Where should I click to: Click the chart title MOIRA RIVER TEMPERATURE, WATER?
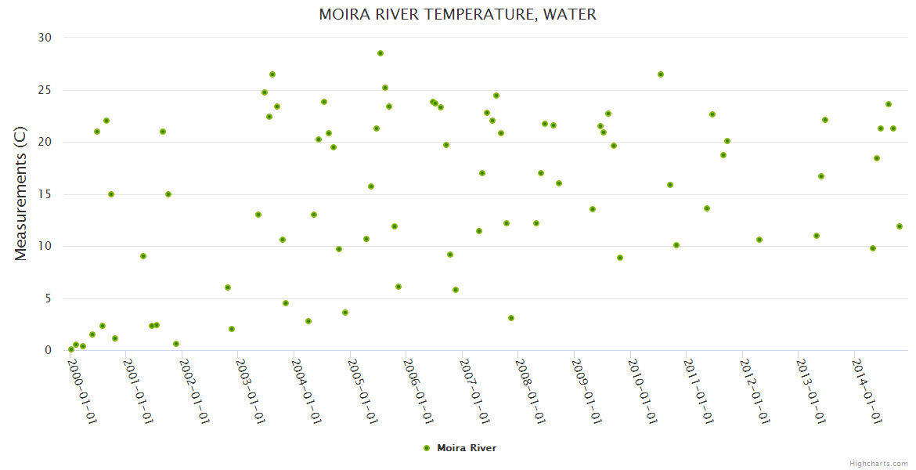[x=457, y=15]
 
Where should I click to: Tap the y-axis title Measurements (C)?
[x=21, y=194]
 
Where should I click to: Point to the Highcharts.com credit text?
[x=878, y=463]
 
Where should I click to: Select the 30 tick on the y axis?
[x=44, y=38]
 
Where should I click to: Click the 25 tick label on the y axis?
[x=44, y=90]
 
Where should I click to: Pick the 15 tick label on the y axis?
[x=44, y=194]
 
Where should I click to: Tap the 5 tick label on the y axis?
[x=47, y=298]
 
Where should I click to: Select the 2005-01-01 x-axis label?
[x=362, y=391]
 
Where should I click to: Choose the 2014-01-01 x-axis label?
[x=867, y=391]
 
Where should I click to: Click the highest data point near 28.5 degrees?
[x=380, y=53]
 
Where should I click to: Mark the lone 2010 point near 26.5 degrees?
[x=661, y=74]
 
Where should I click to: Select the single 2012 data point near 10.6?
[x=759, y=240]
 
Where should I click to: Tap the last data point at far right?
[x=900, y=226]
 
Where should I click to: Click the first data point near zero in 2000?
[x=71, y=349]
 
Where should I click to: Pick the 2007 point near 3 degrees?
[x=511, y=318]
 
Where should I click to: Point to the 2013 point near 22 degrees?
[x=825, y=120]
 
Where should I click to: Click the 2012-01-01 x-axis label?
[x=755, y=391]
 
